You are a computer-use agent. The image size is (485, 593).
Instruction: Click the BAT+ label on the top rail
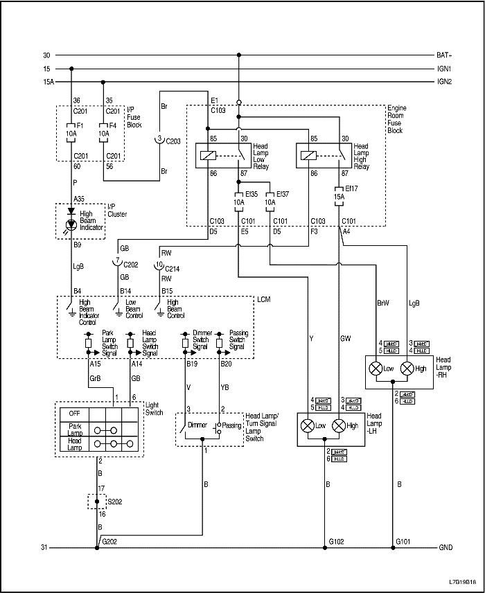[x=444, y=55]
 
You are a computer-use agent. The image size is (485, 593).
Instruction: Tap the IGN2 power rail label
[x=444, y=82]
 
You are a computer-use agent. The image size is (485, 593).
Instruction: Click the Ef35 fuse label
[x=251, y=193]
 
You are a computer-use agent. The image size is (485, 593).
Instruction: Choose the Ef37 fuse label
[x=282, y=193]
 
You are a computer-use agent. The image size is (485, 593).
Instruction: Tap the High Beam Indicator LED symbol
[x=71, y=224]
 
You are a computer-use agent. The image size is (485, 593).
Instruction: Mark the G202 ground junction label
[x=109, y=541]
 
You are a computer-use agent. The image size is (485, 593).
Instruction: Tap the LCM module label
[x=263, y=299]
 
